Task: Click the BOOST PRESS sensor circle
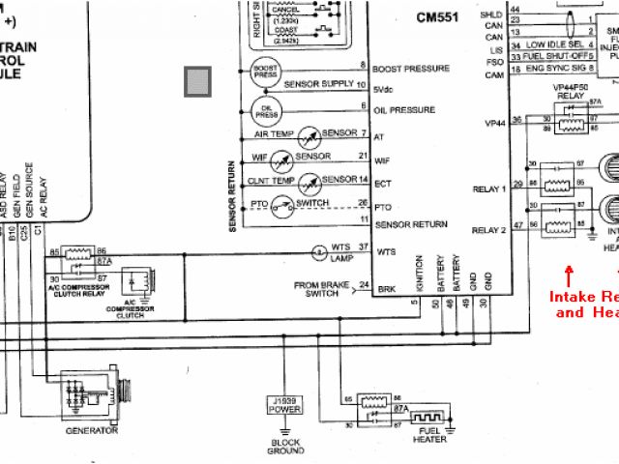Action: click(265, 71)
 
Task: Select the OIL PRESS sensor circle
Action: click(265, 109)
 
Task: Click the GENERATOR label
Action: click(93, 430)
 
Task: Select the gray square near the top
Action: click(198, 81)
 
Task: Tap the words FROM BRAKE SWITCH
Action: click(321, 289)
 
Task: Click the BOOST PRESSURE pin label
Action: click(410, 70)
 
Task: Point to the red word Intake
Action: click(571, 297)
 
